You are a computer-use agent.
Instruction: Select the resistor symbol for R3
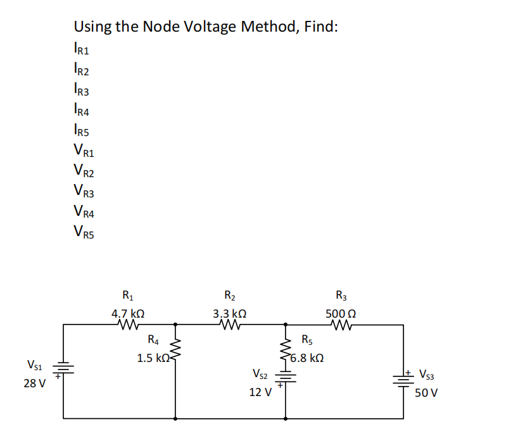point(341,325)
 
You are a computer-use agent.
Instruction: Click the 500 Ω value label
point(341,313)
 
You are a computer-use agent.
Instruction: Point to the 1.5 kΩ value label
point(153,358)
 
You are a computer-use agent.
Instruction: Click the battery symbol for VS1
point(63,370)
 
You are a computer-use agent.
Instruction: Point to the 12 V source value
point(260,392)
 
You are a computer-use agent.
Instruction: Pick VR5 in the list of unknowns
point(84,232)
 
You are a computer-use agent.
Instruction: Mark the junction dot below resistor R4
point(175,418)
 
